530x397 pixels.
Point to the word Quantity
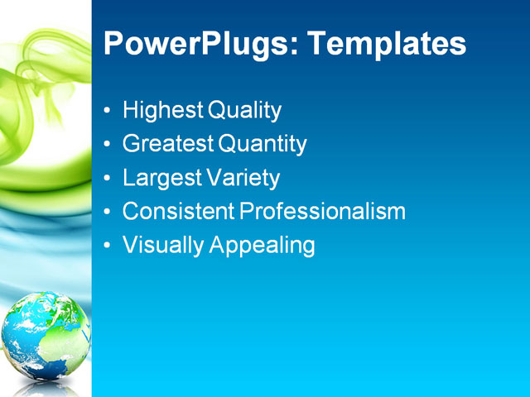[263, 145]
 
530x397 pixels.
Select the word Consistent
[178, 212]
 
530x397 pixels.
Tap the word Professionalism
[323, 212]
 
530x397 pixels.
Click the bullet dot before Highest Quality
[107, 112]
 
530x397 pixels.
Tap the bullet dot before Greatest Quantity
[107, 146]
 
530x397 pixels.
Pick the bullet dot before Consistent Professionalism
[107, 213]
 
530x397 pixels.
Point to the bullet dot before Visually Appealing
[107, 246]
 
